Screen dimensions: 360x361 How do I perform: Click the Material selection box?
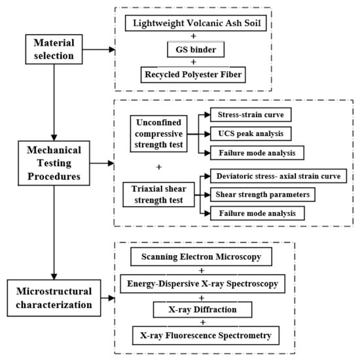[54, 49]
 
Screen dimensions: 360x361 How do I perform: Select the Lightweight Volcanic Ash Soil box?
[196, 23]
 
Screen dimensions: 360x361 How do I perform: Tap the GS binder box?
[196, 50]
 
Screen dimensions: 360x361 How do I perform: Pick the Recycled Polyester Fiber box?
[193, 75]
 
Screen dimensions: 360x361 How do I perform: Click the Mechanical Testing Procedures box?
[54, 163]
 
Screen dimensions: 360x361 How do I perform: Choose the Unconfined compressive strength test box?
[158, 134]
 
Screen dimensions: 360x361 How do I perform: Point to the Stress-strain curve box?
[251, 114]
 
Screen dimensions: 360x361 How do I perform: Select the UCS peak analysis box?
[251, 133]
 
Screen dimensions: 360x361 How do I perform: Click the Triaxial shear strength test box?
[158, 194]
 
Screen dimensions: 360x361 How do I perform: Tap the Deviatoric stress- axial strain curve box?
[278, 176]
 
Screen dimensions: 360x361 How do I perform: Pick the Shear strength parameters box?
[262, 194]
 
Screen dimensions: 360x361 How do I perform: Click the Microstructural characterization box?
[54, 298]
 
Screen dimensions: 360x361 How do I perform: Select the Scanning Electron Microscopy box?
[201, 257]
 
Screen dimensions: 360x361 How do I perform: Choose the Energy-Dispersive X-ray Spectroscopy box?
[203, 284]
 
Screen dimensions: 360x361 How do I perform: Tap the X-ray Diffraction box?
[203, 309]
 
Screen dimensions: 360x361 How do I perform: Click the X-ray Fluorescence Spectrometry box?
[206, 335]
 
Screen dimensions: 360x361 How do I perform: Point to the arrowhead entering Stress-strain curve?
[207, 114]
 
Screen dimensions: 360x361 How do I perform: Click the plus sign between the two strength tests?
[159, 167]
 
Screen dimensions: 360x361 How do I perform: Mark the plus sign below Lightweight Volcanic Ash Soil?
[194, 36]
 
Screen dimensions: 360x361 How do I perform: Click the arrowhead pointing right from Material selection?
[112, 49]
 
